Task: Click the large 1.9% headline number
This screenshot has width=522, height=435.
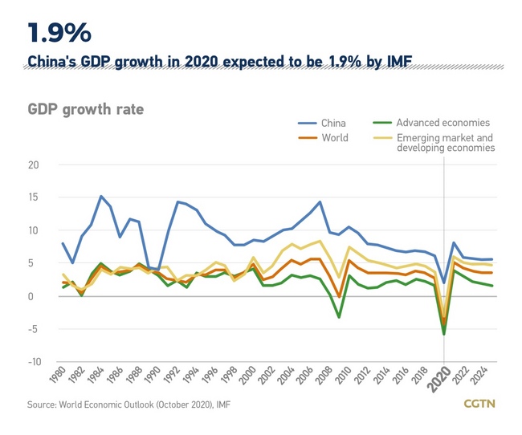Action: tap(59, 33)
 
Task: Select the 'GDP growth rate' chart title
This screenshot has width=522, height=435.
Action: tap(86, 109)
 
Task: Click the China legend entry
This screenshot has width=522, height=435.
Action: tap(333, 124)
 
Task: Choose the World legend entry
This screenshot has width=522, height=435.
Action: tap(334, 138)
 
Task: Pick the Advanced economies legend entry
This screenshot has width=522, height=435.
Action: tap(442, 123)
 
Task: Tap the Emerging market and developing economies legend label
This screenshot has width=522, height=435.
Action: tap(446, 143)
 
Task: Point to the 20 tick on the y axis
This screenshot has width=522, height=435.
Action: tap(34, 165)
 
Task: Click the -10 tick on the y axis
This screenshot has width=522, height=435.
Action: tap(32, 362)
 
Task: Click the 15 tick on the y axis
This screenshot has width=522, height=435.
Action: tap(34, 197)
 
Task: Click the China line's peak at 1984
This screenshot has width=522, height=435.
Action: tap(101, 196)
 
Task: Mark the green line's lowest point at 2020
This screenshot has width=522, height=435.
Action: tap(444, 334)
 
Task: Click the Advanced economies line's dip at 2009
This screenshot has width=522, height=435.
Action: tap(339, 317)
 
